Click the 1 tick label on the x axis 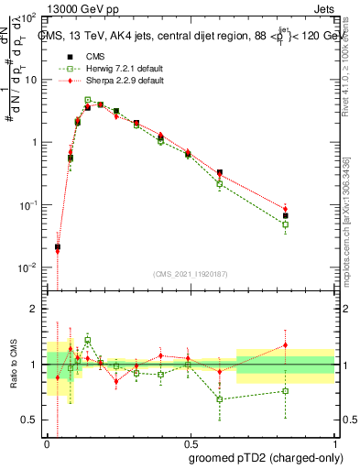(333, 444)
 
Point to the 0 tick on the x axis (48, 444)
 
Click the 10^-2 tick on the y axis (27, 267)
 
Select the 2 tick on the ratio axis (35, 310)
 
